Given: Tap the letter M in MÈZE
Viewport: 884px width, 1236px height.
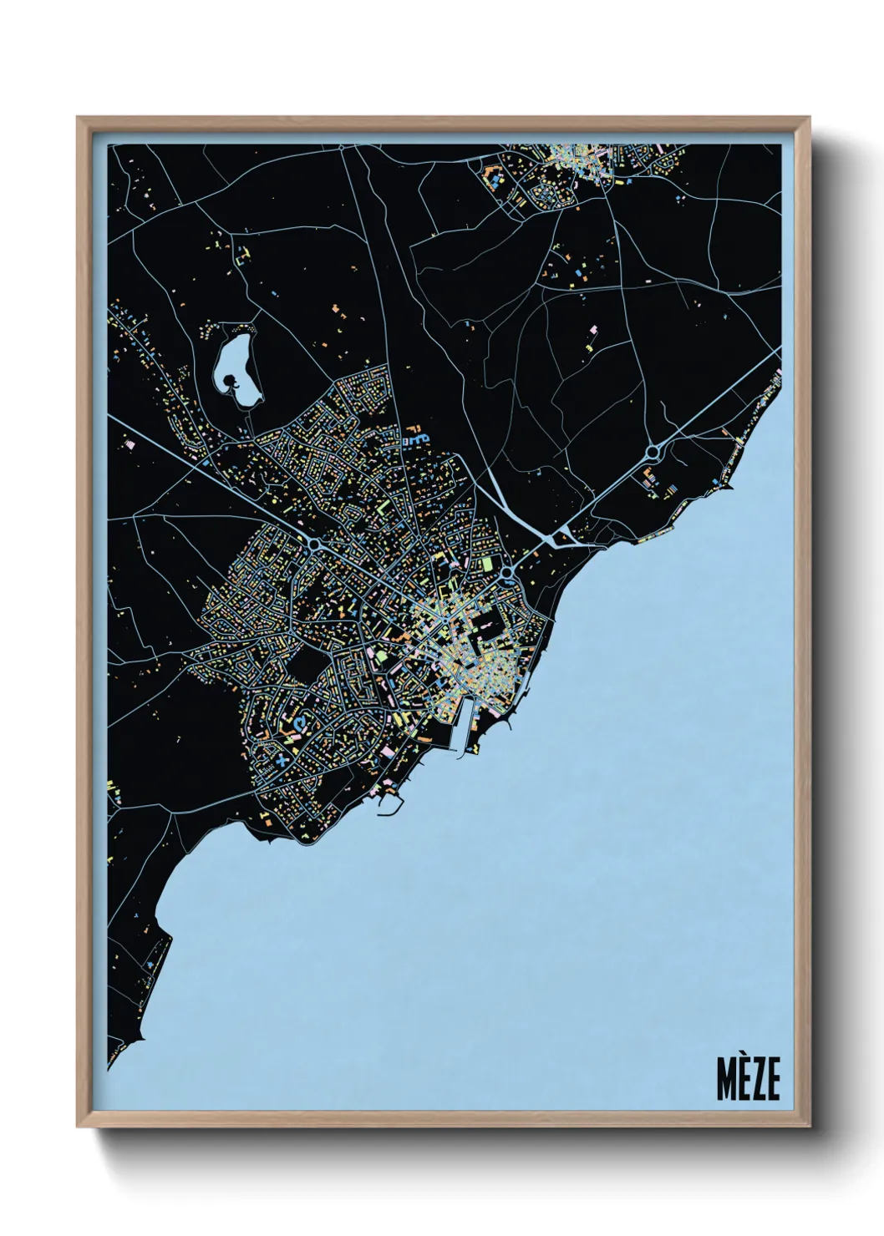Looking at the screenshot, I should coord(724,1079).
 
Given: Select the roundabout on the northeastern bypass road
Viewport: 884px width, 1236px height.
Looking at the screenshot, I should coord(652,453).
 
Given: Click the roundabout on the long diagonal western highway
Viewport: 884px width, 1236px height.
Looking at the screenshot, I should coord(315,545).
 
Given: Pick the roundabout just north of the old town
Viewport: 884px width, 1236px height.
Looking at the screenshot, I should coord(506,572).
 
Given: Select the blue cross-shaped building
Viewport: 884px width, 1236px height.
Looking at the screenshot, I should coord(282,761).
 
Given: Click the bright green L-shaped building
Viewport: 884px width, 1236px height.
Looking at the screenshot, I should coord(383,507).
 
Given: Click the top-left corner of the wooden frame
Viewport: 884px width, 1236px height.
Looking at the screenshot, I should coord(79,119).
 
